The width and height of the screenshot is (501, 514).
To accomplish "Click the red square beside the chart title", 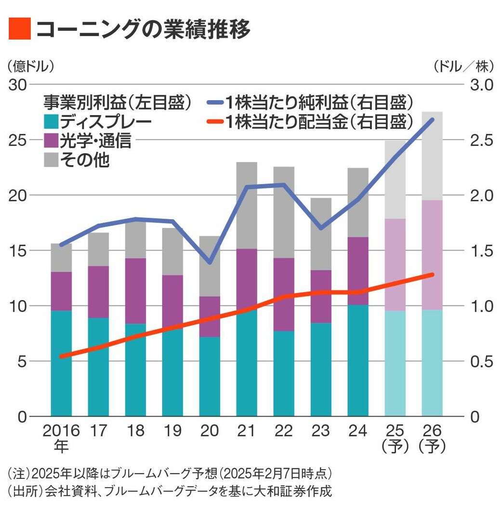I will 20,29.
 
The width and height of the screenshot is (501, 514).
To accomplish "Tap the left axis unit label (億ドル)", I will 30,65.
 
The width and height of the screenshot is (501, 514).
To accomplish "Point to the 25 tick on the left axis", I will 18,140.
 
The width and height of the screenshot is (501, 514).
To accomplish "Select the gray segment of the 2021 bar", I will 247,205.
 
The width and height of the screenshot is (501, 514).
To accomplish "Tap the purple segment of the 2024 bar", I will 358,271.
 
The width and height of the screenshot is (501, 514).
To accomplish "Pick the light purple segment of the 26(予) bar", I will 432,255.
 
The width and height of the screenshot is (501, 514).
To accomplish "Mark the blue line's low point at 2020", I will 210,262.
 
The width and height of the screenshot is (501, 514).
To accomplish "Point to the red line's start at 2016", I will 61,356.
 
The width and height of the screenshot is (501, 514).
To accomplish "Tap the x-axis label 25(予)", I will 395,438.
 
